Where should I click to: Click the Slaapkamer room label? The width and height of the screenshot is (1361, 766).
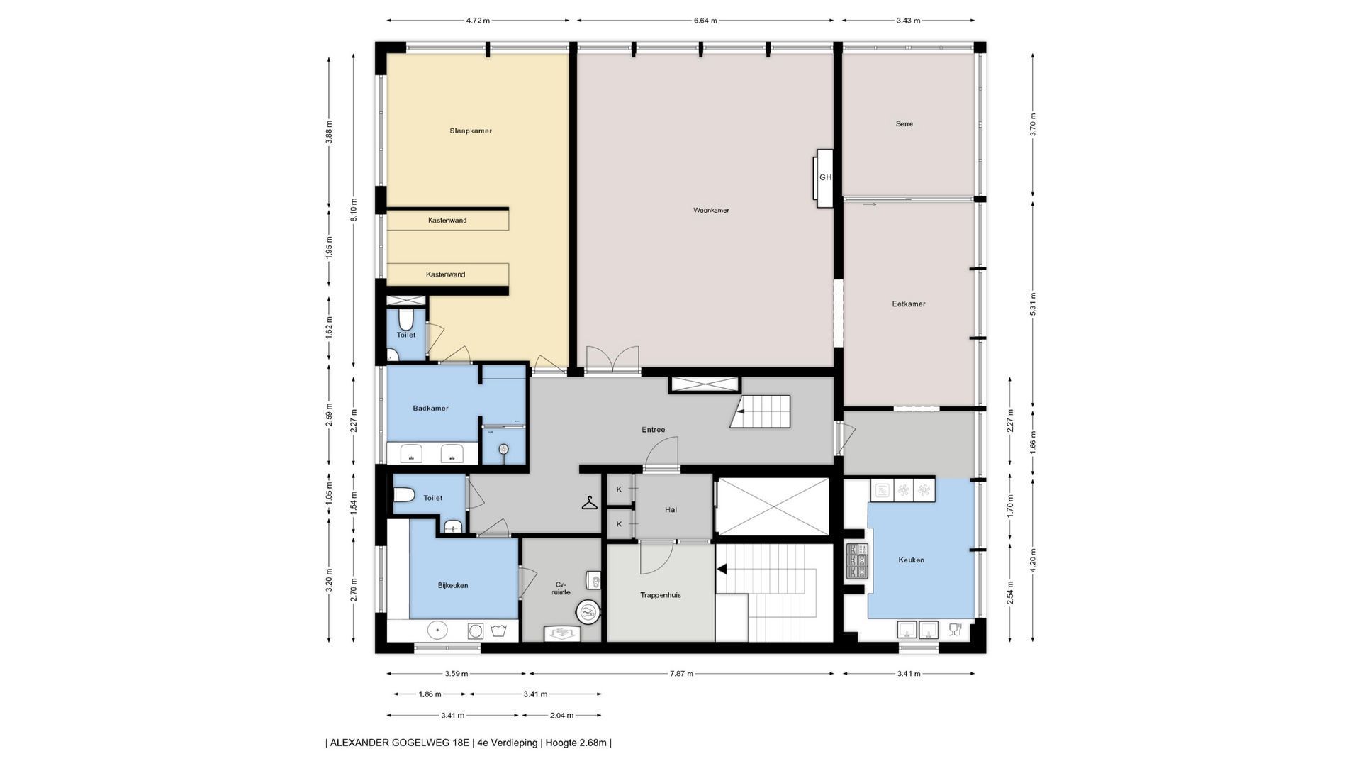coord(471,131)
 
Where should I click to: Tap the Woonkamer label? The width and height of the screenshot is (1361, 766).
coord(711,210)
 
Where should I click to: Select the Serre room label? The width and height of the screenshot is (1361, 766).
coord(904,123)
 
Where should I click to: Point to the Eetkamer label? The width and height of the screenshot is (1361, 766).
coord(909,304)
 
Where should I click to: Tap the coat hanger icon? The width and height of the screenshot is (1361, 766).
coord(590,503)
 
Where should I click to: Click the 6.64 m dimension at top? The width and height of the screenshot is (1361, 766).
coord(705,21)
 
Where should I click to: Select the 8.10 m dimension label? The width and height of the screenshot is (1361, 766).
coord(354,210)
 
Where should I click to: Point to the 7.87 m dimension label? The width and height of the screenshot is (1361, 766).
coord(682,674)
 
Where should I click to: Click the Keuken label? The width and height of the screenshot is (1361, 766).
coord(911,560)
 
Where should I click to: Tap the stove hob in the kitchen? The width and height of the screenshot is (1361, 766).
coord(857,561)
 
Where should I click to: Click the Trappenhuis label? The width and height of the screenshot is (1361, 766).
coord(660,595)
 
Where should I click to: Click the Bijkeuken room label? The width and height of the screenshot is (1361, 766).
coord(453,585)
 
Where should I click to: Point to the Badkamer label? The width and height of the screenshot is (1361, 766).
coord(430,408)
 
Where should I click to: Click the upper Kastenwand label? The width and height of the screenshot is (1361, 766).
coord(447,220)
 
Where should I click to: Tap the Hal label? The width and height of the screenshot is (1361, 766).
coord(671,509)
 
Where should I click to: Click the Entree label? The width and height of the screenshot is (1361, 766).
coord(653,429)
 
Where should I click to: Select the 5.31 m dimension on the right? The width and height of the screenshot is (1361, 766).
coord(1033,304)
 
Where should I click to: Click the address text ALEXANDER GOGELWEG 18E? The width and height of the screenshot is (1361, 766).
coord(400,743)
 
